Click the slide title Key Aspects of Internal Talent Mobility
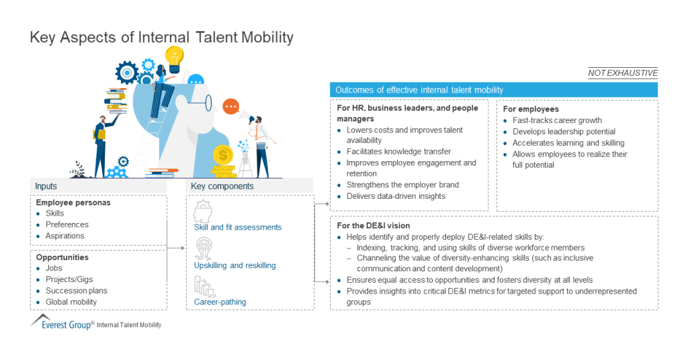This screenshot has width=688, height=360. click(161, 38)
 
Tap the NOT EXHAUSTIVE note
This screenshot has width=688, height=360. click(622, 73)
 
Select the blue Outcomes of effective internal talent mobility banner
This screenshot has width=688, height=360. click(494, 90)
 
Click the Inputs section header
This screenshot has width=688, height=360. click(47, 186)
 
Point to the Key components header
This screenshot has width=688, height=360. click(222, 186)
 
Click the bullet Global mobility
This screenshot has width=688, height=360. click(71, 302)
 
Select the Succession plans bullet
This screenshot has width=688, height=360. click(76, 291)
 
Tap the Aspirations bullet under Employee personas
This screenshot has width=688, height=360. click(64, 236)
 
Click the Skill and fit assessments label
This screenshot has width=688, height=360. click(237, 227)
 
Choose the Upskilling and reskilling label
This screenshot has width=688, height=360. click(234, 265)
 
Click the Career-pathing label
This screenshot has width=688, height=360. click(220, 302)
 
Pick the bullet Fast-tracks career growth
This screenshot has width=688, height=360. click(557, 120)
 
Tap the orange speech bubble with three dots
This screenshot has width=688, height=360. click(231, 106)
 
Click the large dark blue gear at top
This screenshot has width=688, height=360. click(127, 72)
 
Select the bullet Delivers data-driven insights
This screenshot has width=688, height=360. click(396, 196)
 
